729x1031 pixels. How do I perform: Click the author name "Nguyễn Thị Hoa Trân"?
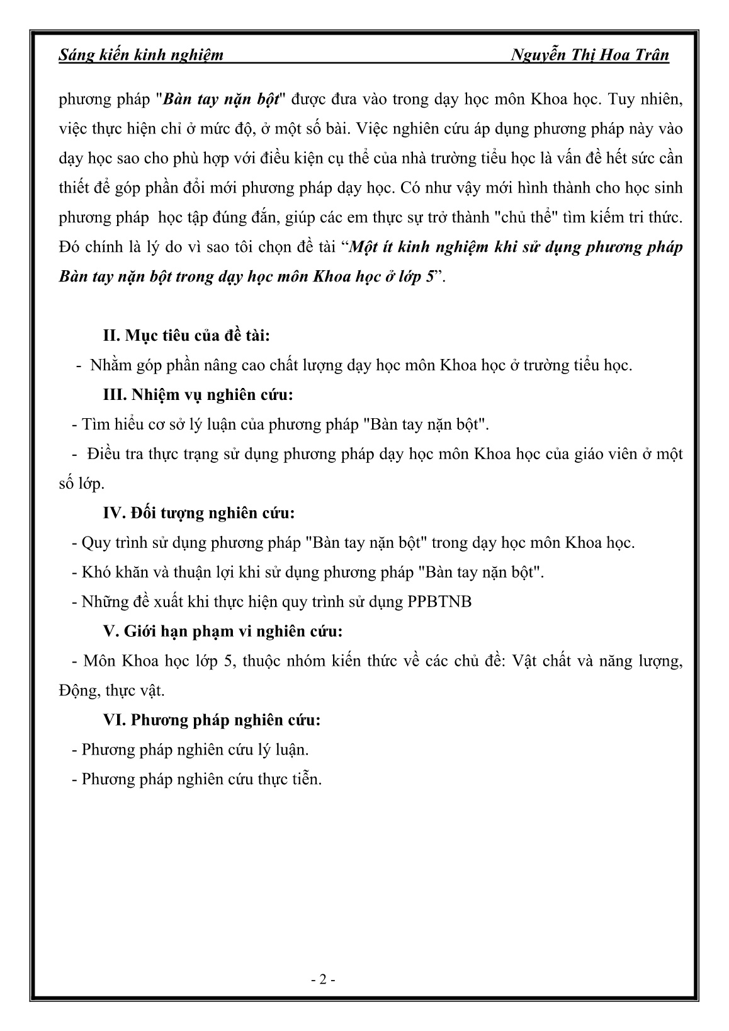(x=590, y=55)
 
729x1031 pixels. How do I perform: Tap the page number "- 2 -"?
(x=324, y=980)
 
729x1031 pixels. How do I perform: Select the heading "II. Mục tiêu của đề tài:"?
(x=186, y=335)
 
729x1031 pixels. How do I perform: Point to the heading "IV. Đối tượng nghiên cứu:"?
(x=198, y=513)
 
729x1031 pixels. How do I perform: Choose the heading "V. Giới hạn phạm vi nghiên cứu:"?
(x=222, y=631)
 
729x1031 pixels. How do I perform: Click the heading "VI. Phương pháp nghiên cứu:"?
(x=212, y=720)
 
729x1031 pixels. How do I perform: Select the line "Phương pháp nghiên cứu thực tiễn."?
(x=201, y=779)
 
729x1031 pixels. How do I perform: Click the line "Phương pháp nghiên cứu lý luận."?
(x=195, y=749)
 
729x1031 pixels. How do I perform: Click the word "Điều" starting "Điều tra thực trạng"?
(x=104, y=454)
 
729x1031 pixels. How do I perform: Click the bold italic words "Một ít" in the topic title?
(x=370, y=248)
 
